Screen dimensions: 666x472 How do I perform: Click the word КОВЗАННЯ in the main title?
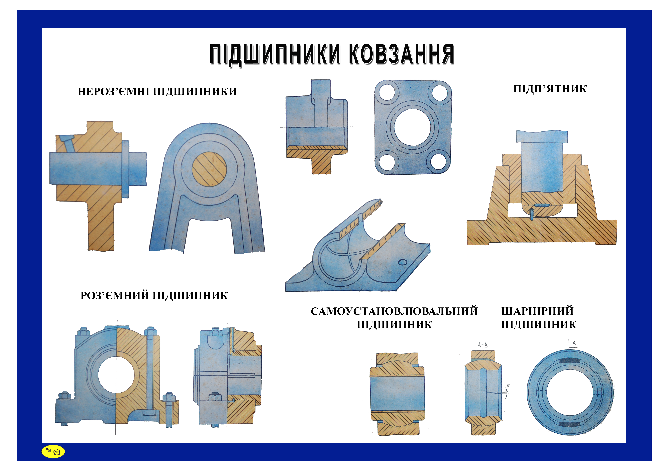[402, 54]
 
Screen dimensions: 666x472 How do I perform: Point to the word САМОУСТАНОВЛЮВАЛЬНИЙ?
[394, 311]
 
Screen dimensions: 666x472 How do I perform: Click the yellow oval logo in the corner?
[53, 451]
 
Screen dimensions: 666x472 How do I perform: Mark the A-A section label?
[483, 345]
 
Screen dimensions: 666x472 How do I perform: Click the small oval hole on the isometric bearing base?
[402, 262]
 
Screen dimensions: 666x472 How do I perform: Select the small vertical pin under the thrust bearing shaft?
[531, 215]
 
